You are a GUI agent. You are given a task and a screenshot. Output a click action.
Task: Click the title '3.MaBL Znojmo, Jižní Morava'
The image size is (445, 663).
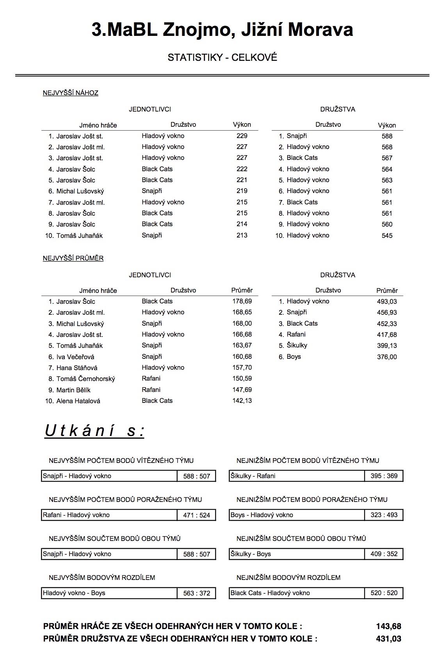coord(222,30)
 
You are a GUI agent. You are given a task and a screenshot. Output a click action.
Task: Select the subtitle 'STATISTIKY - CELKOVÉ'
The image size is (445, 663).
coord(222,57)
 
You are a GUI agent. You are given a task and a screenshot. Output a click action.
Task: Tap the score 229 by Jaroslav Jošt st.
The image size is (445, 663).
coord(242,136)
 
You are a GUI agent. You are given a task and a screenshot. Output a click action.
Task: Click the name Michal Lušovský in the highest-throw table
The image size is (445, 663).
coord(80,191)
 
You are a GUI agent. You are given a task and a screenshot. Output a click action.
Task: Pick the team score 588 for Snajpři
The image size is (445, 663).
coord(387,136)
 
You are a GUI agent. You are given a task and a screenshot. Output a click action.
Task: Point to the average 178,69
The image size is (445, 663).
coord(242,301)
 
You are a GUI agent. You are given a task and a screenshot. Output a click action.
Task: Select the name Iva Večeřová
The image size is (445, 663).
coord(75,357)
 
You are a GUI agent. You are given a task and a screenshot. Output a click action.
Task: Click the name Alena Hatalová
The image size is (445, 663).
coord(78,401)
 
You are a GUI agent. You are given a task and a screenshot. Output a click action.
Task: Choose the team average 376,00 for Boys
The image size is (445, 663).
coord(386,357)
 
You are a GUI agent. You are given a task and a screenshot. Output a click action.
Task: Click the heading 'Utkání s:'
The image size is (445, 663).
coord(94,431)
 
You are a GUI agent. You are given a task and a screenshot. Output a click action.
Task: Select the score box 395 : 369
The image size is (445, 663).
coord(384,476)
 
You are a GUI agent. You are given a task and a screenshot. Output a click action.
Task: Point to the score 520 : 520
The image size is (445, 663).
coord(384,593)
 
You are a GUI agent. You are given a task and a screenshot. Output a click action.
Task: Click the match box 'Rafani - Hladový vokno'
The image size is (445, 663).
coord(109,515)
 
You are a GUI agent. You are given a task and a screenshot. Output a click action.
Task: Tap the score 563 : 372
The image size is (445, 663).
coord(196,593)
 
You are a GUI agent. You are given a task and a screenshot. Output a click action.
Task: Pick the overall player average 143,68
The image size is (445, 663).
coord(388,626)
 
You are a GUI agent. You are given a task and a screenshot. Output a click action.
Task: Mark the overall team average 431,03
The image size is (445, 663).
coord(388,639)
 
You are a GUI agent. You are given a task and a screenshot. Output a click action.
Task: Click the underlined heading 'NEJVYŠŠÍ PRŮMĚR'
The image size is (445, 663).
coord(73,258)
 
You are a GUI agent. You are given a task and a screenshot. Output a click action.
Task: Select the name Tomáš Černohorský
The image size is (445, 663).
coord(85,379)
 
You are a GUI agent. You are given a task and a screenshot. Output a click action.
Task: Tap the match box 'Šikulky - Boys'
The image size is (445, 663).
coord(297,554)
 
